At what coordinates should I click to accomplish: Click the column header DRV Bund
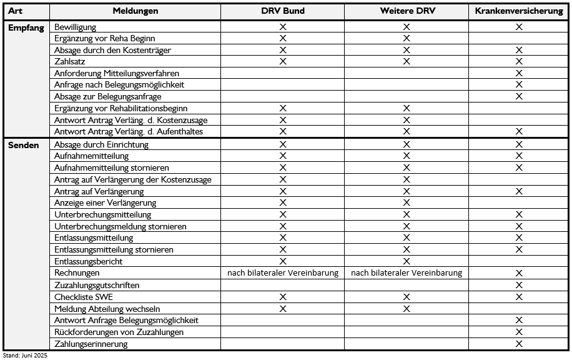pos(282,11)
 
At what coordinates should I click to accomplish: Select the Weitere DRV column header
pos(406,11)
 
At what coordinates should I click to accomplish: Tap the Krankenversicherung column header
pos(518,11)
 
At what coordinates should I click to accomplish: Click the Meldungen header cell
pos(135,11)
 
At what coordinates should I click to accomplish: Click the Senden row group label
pos(23,144)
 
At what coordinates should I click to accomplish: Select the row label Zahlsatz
pos(70,61)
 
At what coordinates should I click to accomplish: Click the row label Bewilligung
pos(76,27)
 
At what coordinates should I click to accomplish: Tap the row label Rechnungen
pos(77,273)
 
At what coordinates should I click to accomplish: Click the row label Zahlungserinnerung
pos(91,344)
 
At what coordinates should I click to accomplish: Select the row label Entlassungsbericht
pos(89,261)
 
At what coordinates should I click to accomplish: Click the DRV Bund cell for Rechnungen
pos(282,273)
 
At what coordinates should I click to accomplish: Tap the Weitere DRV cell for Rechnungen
pos(407,273)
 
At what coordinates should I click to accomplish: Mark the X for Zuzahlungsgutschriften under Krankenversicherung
pos(518,285)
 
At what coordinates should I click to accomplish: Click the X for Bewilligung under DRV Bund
pos(282,27)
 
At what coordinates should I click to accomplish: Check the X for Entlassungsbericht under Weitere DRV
pos(407,261)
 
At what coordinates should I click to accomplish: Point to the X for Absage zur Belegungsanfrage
pos(518,97)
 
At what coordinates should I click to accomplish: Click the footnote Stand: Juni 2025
pos(25,355)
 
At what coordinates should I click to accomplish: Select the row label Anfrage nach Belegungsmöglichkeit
pos(119,85)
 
